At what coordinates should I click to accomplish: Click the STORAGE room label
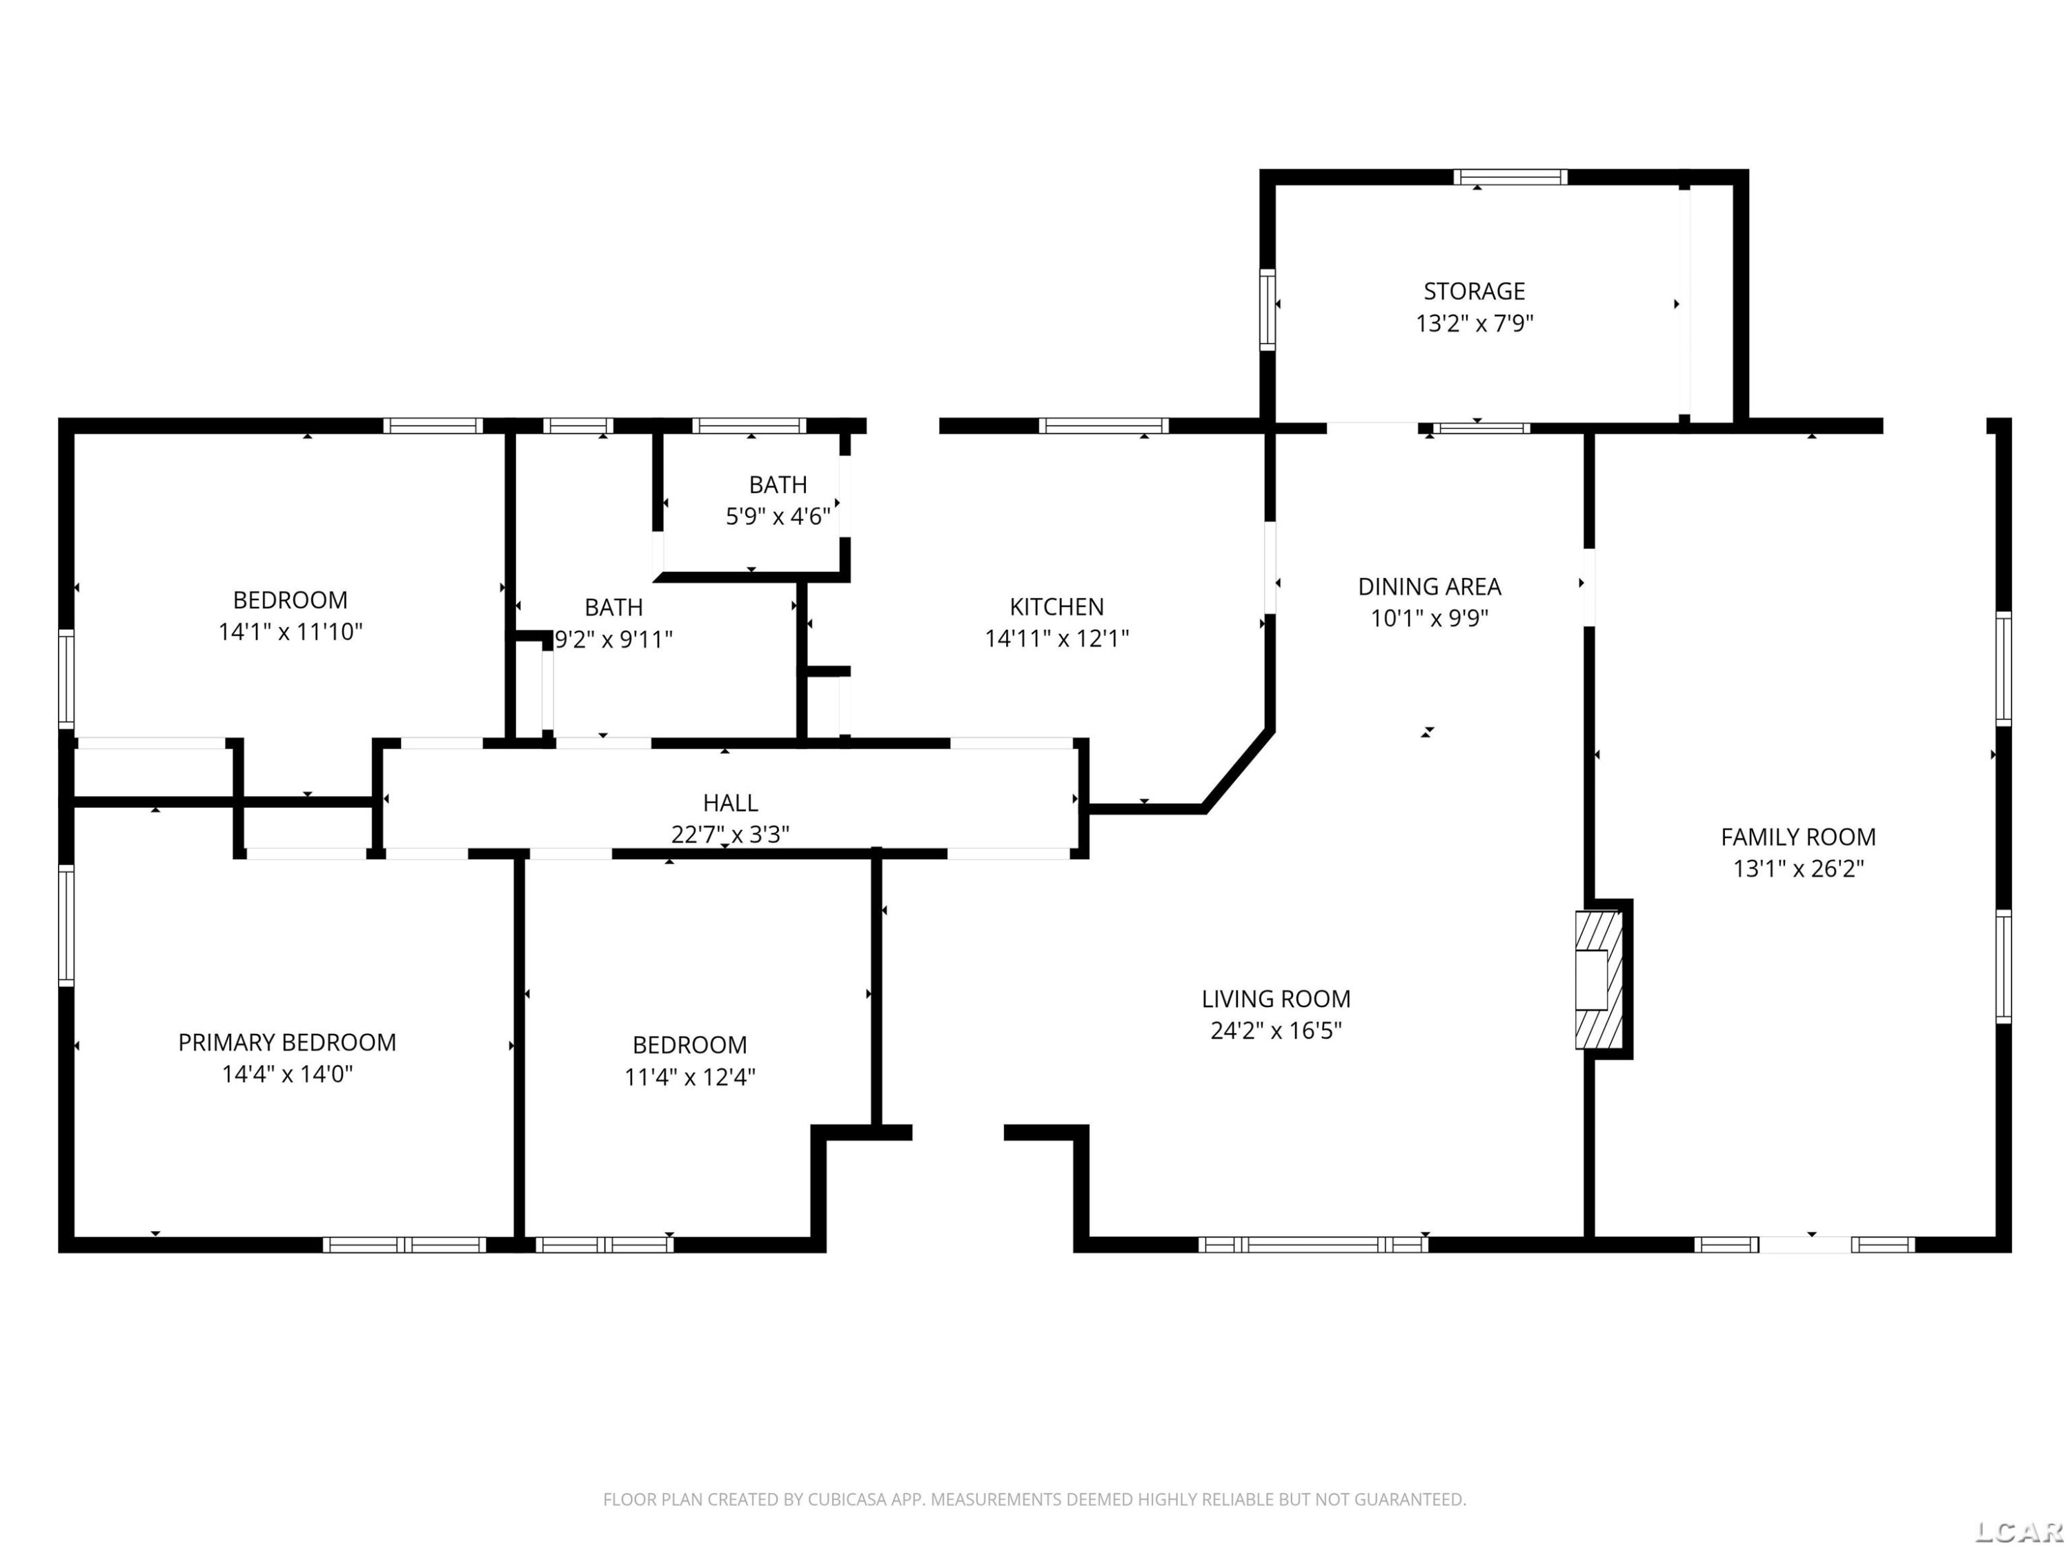(1474, 291)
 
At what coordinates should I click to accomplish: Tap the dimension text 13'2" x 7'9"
(1474, 324)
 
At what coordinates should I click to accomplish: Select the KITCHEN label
(1056, 606)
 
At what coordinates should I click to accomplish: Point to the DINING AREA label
(1429, 586)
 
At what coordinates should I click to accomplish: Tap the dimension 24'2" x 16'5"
(1276, 1030)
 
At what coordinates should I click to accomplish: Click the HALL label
(730, 803)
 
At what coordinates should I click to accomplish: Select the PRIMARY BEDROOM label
(287, 1042)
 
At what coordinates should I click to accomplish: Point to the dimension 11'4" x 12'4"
(690, 1077)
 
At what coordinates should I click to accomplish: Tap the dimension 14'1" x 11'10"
(290, 631)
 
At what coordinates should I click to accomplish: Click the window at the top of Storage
(1510, 177)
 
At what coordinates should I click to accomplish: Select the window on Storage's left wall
(1267, 310)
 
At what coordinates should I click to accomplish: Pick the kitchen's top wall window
(1103, 426)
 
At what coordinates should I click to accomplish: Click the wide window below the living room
(1313, 1244)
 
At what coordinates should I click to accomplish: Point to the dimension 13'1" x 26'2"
(1797, 868)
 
